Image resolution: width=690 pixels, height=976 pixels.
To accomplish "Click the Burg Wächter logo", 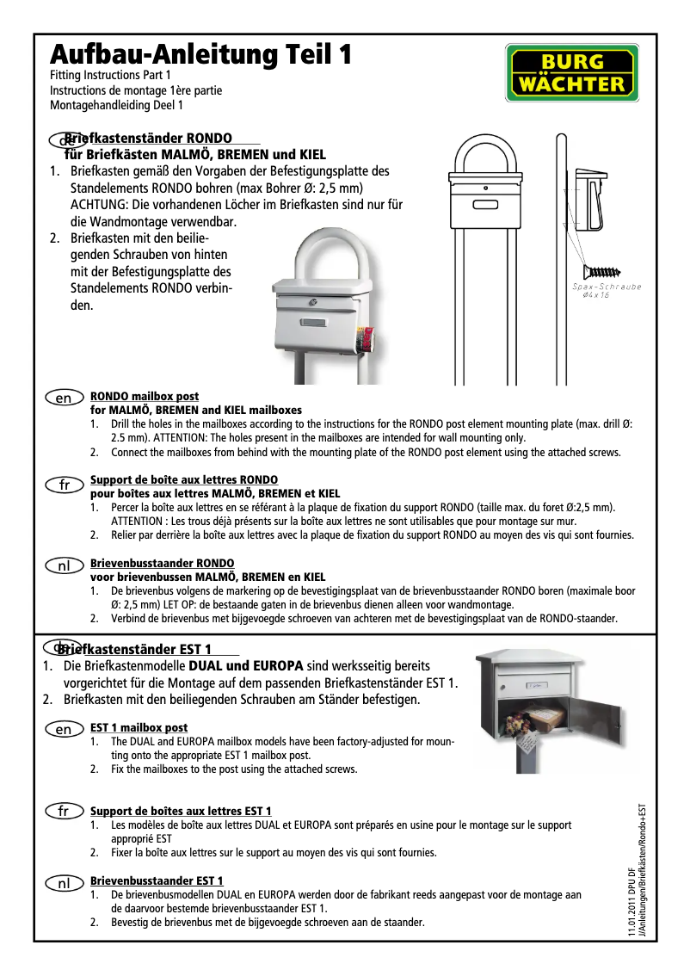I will (571, 72).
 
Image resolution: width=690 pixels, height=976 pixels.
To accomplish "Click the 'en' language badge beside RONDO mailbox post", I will (64, 398).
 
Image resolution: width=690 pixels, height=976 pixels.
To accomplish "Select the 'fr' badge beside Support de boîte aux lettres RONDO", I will (64, 485).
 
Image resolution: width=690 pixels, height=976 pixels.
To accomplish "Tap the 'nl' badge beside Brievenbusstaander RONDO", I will (64, 567).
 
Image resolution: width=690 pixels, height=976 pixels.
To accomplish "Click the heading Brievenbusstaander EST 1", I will (157, 880).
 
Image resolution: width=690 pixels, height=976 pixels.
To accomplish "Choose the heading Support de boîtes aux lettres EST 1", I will (181, 811).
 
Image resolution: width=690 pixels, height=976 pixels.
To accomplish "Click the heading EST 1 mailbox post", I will (139, 728).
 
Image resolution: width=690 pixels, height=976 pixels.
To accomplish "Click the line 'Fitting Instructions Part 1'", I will (104, 76).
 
